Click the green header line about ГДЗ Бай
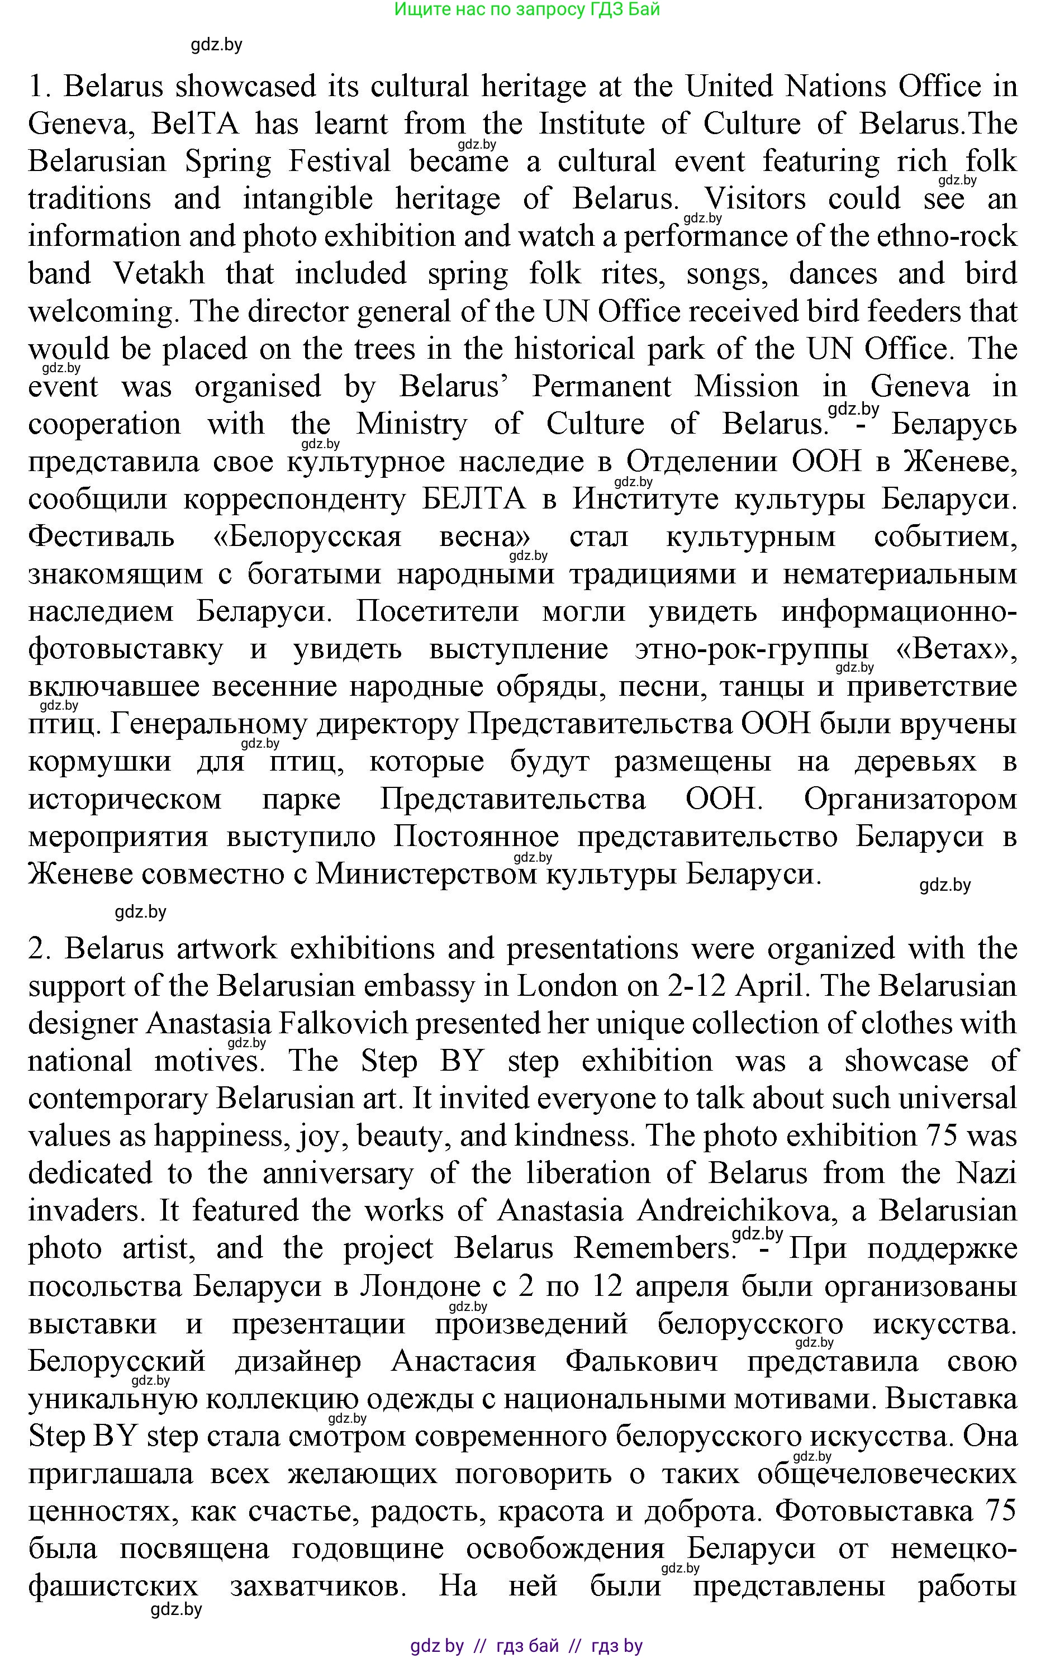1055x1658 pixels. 527,9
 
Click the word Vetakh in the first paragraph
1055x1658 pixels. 159,274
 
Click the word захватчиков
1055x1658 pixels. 317,1586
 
